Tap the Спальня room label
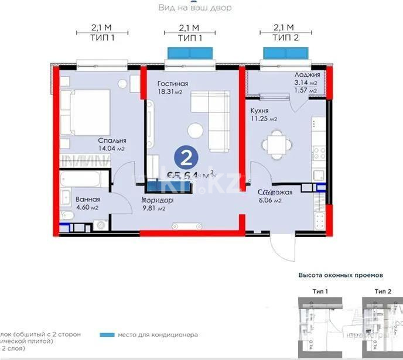coord(112,141)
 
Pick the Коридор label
coord(158,200)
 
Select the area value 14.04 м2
coord(111,149)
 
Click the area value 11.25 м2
coord(264,119)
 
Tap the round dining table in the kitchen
coord(274,144)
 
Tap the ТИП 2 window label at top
coord(284,36)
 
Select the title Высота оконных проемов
coord(340,275)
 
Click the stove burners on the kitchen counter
coord(319,154)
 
